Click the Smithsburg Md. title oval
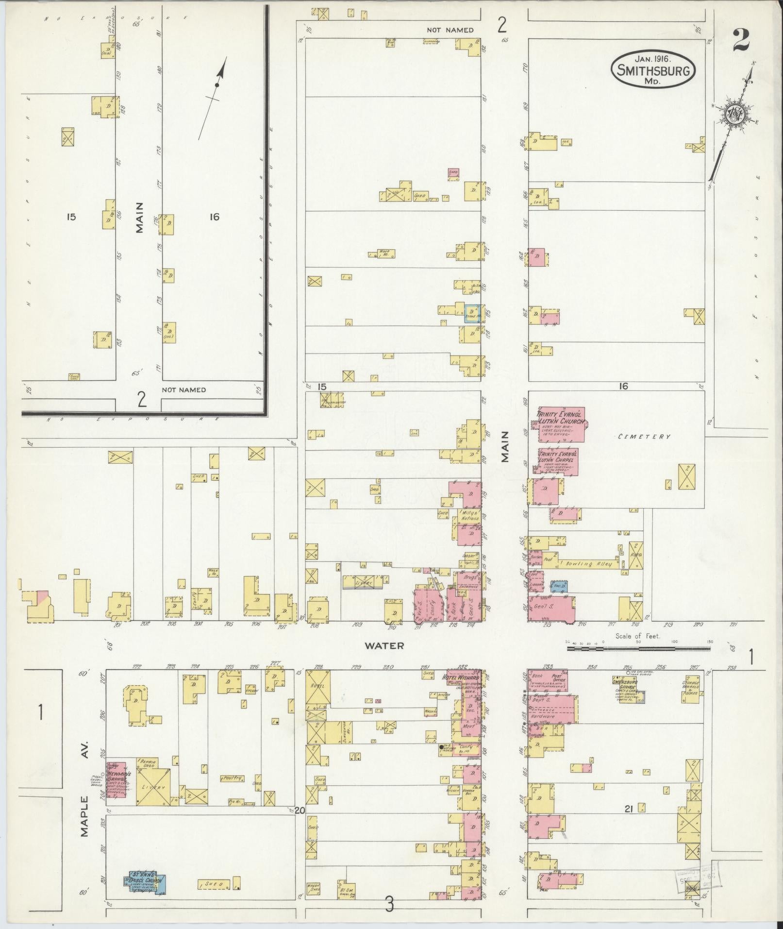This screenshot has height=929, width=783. [652, 70]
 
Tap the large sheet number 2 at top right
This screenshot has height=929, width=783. [741, 40]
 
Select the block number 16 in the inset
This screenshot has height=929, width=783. [214, 217]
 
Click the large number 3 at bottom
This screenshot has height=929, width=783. [389, 904]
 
